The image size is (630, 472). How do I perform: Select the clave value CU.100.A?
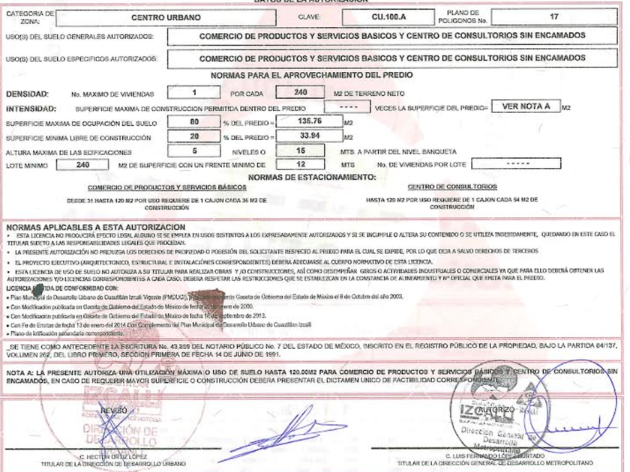pyautogui.click(x=391, y=16)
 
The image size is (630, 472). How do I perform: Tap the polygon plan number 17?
pyautogui.click(x=554, y=16)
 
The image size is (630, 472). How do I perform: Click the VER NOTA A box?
pyautogui.click(x=526, y=106)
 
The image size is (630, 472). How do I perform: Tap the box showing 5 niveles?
pyautogui.click(x=194, y=150)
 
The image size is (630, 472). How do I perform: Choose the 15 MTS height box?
pyautogui.click(x=300, y=150)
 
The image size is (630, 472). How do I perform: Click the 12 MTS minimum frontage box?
pyautogui.click(x=300, y=163)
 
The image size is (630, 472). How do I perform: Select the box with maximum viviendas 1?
pyautogui.click(x=194, y=93)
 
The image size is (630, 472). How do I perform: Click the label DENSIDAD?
pyautogui.click(x=27, y=94)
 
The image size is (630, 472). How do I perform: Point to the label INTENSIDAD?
pyautogui.click(x=29, y=108)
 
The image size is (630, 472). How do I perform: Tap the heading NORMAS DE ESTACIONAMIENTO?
pyautogui.click(x=312, y=177)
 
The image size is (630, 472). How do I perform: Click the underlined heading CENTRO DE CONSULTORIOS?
pyautogui.click(x=452, y=187)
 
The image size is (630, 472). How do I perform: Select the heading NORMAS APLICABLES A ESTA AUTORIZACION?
pyautogui.click(x=95, y=226)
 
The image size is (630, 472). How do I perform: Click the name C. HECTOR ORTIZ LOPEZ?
pyautogui.click(x=113, y=456)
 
